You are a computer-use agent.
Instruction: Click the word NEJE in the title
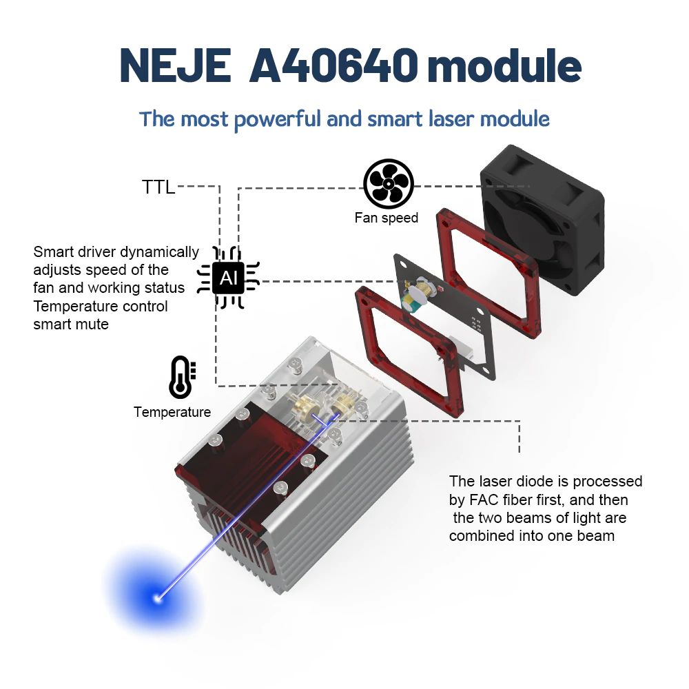[175, 65]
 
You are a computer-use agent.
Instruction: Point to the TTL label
[158, 187]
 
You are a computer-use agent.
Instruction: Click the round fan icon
[388, 184]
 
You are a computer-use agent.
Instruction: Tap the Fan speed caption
[386, 218]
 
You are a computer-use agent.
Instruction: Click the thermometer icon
[182, 377]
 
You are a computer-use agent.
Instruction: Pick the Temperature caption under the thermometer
[172, 412]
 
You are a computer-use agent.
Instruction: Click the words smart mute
[71, 324]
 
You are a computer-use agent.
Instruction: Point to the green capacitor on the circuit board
[415, 299]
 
